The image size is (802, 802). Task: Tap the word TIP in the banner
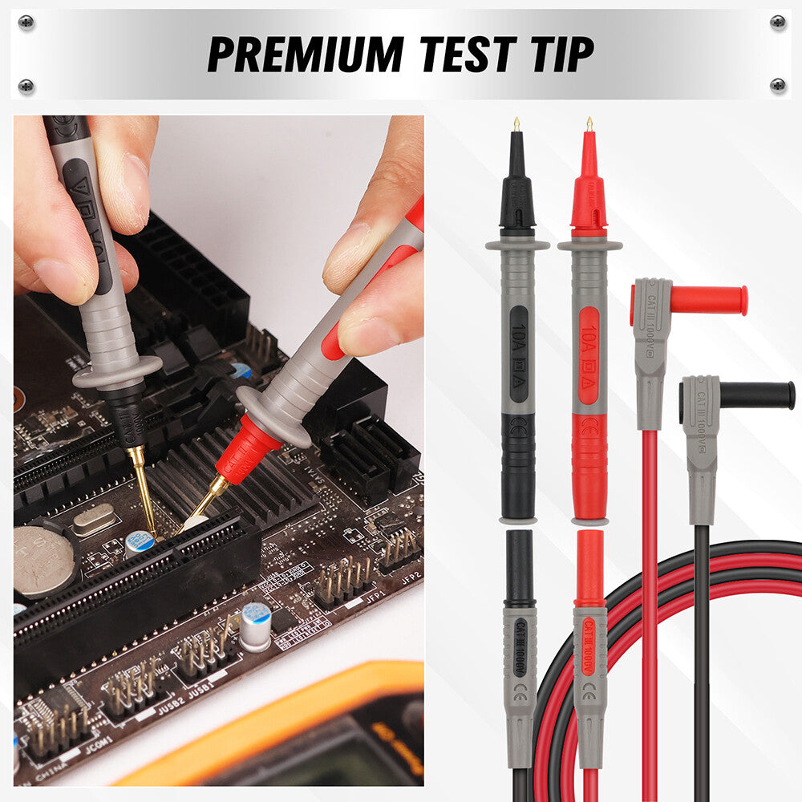point(554,55)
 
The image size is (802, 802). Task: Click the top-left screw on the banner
point(26,22)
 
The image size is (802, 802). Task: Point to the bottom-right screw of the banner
point(777,83)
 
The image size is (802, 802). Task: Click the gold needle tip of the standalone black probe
point(516,124)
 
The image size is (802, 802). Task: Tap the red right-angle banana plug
point(706,300)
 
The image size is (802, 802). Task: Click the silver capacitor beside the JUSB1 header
point(256,626)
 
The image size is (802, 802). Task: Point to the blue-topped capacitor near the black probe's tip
point(140,543)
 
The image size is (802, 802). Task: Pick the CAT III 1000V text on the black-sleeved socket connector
point(519,642)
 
